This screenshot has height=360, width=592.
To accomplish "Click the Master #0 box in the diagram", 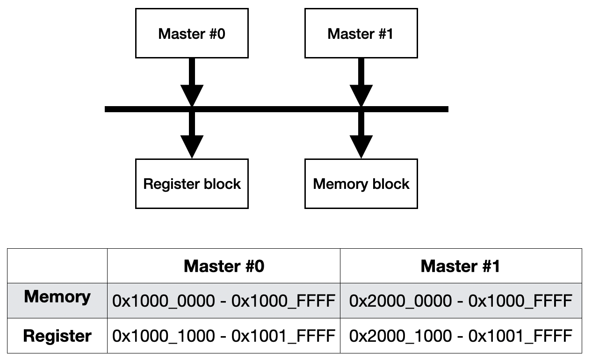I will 192,34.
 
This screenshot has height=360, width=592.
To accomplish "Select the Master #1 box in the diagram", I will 361,34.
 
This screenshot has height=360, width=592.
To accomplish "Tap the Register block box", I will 192,184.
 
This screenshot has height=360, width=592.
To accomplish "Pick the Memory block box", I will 361,184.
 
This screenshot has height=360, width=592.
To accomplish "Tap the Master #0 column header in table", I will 224,266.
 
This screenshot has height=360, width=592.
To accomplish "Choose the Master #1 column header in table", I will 460,266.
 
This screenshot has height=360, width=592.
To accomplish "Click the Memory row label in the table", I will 57,297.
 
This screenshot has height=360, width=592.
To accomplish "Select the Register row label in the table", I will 57,336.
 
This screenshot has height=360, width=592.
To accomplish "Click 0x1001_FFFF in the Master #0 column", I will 283,336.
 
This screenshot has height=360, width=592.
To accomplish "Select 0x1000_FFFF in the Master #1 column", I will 520,301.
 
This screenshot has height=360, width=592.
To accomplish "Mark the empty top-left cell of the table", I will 57,266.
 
